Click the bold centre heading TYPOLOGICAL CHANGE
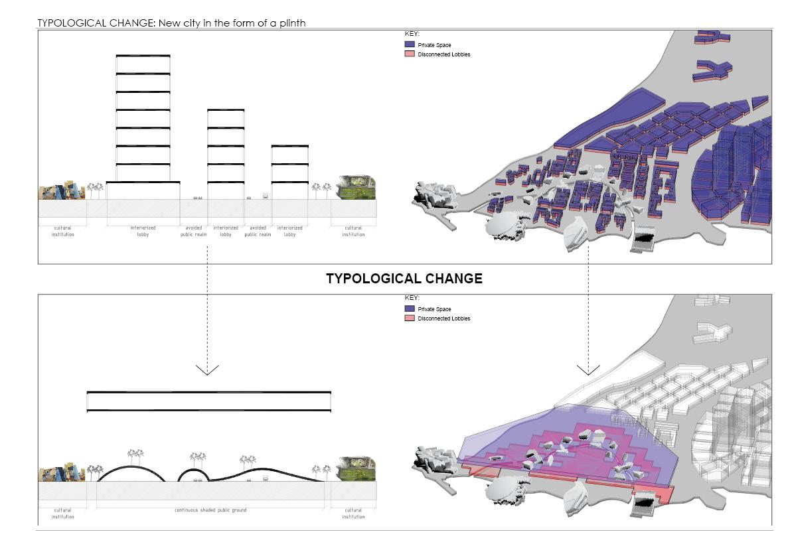[x=404, y=279]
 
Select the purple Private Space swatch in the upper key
[x=410, y=44]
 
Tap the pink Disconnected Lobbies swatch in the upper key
[x=410, y=54]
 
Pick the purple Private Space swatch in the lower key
[x=410, y=309]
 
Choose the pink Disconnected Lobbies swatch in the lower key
[x=410, y=318]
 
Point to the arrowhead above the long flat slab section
[x=207, y=370]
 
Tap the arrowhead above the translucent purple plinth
[x=588, y=370]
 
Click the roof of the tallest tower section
[x=143, y=56]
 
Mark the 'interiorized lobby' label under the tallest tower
[x=143, y=231]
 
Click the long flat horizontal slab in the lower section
[x=208, y=401]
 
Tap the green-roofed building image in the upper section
[x=357, y=188]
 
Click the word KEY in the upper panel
[x=412, y=33]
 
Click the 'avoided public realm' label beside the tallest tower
[x=193, y=231]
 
